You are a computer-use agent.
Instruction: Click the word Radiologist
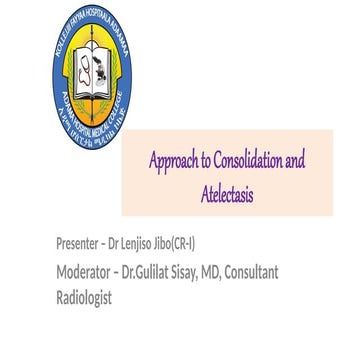click(85, 298)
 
